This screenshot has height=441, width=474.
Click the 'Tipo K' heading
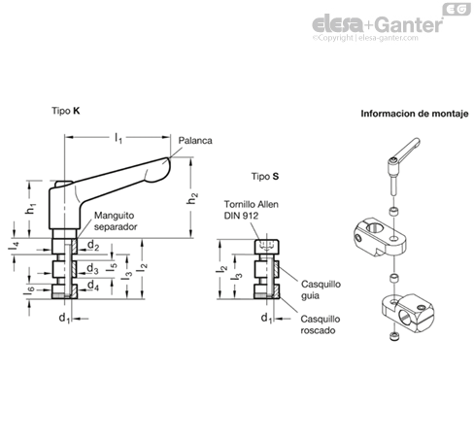[66, 111]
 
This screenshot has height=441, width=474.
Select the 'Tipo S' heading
[265, 177]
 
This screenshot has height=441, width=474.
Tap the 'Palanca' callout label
[195, 141]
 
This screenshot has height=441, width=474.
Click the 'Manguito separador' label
[116, 221]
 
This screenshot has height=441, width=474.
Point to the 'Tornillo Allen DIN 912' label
[252, 210]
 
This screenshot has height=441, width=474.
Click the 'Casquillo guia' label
[321, 289]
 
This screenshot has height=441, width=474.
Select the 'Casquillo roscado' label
[321, 324]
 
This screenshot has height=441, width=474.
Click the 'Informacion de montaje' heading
[415, 114]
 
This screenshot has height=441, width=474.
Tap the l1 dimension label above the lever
[118, 138]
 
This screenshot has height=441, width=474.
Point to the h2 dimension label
[192, 198]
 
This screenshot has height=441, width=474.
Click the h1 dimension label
[31, 209]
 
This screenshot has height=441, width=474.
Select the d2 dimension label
[93, 246]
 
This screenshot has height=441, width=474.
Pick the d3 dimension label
[92, 268]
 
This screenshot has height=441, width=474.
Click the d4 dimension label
[93, 286]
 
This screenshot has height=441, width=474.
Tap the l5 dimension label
[112, 266]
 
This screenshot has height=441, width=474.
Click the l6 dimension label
[29, 290]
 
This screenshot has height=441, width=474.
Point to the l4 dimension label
[14, 246]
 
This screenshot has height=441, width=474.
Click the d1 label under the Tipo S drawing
[266, 319]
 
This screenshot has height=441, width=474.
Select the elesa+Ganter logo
[377, 25]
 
